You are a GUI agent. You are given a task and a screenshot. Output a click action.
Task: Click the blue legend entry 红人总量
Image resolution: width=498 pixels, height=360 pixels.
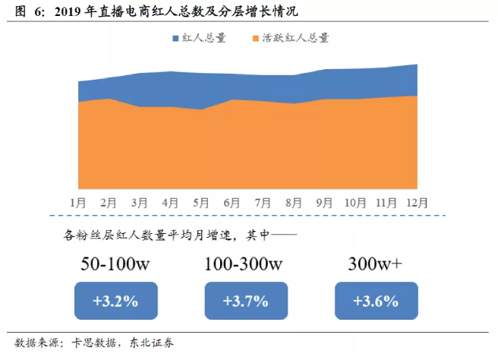pyautogui.click(x=200, y=37)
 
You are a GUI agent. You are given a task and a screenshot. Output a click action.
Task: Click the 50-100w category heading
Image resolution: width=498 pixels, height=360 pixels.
pyautogui.click(x=115, y=264)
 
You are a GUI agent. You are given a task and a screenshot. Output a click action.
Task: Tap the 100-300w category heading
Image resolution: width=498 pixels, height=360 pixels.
pyautogui.click(x=244, y=264)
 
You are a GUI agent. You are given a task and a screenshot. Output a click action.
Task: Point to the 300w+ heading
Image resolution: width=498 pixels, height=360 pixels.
pyautogui.click(x=376, y=264)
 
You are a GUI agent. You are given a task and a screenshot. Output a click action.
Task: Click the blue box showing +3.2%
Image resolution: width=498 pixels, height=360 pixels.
pyautogui.click(x=115, y=300)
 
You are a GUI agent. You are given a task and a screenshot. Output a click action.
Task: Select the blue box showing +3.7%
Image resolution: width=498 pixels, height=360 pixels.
pyautogui.click(x=245, y=300)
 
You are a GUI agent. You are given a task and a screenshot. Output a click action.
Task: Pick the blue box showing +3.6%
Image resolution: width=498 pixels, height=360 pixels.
pyautogui.click(x=376, y=300)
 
